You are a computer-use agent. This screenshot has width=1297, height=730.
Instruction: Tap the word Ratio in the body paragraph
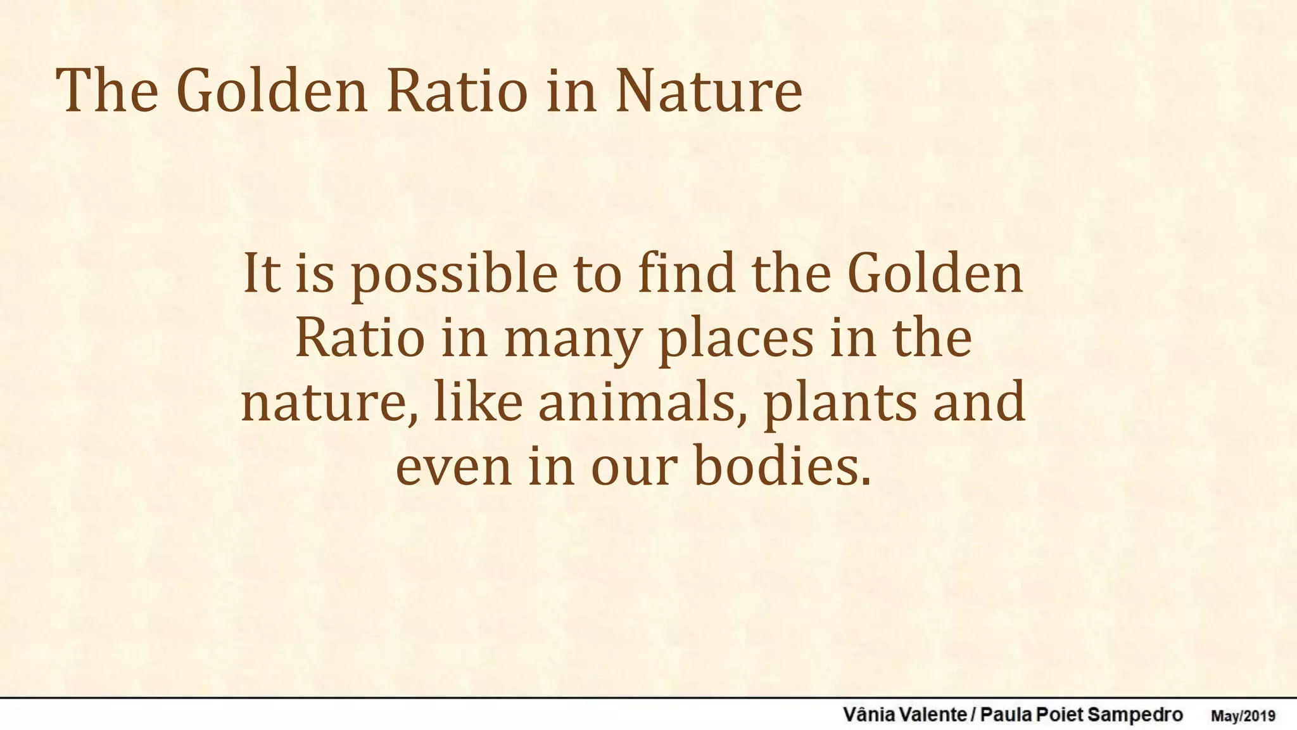pyautogui.click(x=360, y=338)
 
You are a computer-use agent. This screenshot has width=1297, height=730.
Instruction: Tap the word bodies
pyautogui.click(x=783, y=466)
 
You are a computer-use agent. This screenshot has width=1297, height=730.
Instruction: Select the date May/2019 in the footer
pyautogui.click(x=1243, y=716)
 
